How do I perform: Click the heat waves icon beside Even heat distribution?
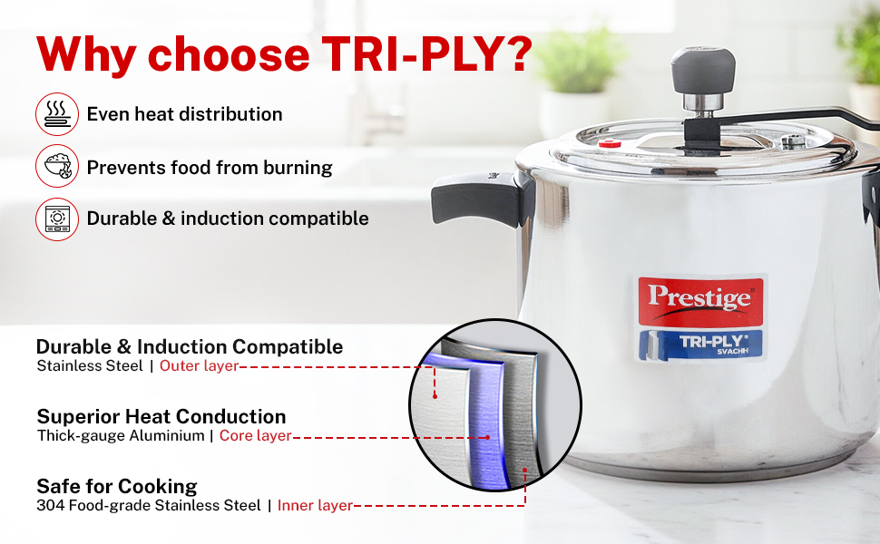point(57,114)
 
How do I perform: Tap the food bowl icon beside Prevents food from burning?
point(57,166)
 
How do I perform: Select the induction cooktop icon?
point(57,219)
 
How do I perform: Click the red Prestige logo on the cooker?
point(700,301)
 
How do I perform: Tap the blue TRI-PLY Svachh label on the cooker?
point(700,345)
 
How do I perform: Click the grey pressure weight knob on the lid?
point(703,70)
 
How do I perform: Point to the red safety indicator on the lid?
point(610,144)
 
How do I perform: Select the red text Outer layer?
point(200,365)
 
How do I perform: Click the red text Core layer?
point(255,435)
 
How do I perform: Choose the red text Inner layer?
point(315,505)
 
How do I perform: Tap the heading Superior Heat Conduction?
point(161,417)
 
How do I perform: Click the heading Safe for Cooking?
point(117,486)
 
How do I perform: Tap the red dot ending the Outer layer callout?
point(435,396)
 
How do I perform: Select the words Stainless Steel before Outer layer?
point(90,365)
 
